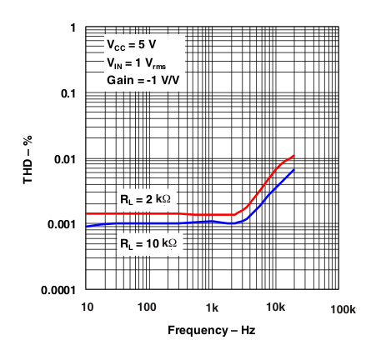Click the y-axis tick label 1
[73, 28]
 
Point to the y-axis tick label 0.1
[67, 93]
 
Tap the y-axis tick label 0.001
[61, 225]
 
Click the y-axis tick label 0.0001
[58, 290]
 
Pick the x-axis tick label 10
[87, 307]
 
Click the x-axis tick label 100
[147, 307]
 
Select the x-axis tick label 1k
[212, 307]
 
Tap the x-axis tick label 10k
[276, 307]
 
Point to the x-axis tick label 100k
[343, 307]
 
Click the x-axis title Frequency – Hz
[211, 331]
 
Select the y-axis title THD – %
[28, 158]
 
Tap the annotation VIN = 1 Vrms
[138, 62]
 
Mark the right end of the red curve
[294, 155]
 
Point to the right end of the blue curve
[294, 170]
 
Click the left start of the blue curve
[87, 226]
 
